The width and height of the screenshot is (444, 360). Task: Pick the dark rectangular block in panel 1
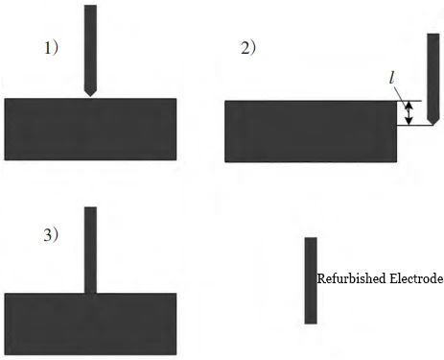90,129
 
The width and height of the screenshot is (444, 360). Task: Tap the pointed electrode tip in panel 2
432,122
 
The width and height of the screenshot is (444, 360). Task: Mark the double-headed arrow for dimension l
409,113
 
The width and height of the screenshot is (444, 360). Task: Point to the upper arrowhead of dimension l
409,104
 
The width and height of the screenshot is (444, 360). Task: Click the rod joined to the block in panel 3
90,250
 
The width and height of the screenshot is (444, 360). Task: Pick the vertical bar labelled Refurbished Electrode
310,280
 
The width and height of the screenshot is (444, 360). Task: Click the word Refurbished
349,279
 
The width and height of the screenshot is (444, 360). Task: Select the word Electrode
414,279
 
